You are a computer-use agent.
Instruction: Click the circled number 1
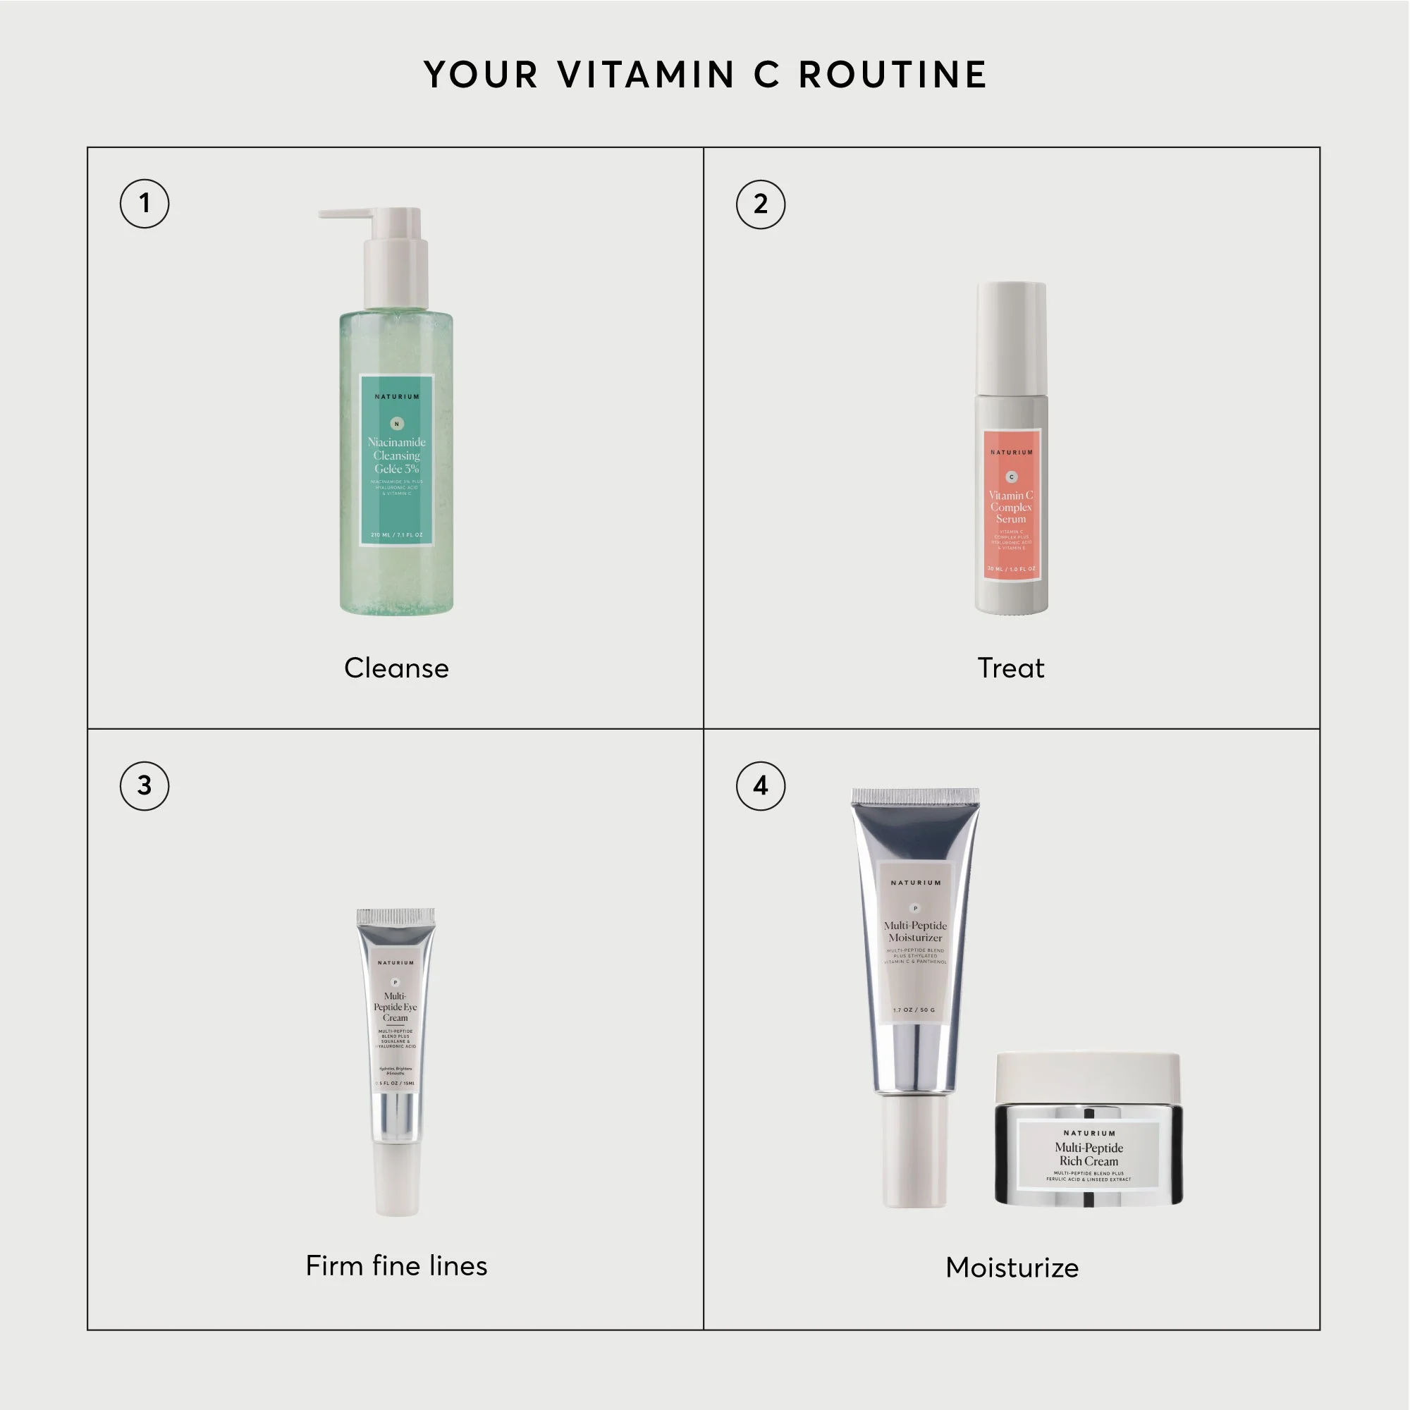(145, 204)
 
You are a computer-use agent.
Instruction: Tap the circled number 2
(761, 204)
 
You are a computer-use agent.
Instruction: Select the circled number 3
(145, 786)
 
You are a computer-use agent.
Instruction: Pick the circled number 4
(761, 786)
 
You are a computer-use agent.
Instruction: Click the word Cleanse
(396, 668)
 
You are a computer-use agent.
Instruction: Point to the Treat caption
(1011, 668)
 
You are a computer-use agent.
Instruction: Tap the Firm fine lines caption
(396, 1266)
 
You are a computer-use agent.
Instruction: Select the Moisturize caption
(1012, 1268)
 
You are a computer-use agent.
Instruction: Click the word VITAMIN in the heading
(646, 75)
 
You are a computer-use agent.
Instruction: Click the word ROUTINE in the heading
(893, 75)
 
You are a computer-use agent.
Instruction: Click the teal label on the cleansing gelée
(397, 460)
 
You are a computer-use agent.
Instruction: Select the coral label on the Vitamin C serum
(1012, 505)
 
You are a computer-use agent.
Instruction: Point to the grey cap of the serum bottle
(1012, 336)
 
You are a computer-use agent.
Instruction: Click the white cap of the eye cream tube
(397, 1179)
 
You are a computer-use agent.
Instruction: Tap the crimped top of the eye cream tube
(396, 916)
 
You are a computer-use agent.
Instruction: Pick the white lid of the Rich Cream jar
(1088, 1077)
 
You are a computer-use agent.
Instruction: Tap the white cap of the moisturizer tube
(915, 1151)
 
